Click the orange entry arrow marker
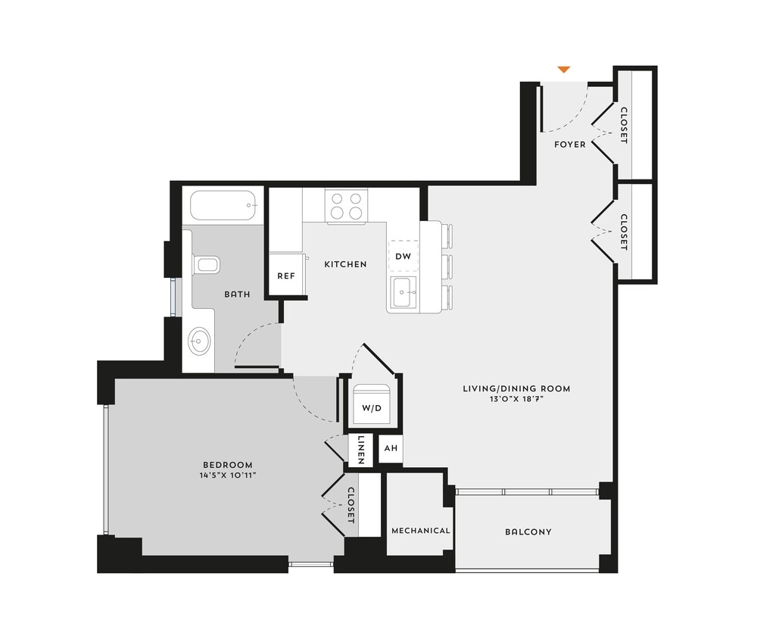pos(563,70)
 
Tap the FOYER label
pos(569,144)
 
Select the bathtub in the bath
pos(223,205)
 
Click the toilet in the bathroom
pos(206,265)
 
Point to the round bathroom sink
pos(199,341)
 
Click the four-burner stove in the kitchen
pos(347,205)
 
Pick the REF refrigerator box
pos(285,276)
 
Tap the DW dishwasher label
pos(403,257)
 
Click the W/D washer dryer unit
pos(371,407)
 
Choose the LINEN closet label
pos(362,449)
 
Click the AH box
pos(391,448)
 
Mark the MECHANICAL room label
pos(420,531)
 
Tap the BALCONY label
pos(528,532)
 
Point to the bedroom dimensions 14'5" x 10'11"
pos(227,475)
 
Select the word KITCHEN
pos(345,264)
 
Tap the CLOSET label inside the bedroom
pos(350,505)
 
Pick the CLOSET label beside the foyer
pos(624,125)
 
